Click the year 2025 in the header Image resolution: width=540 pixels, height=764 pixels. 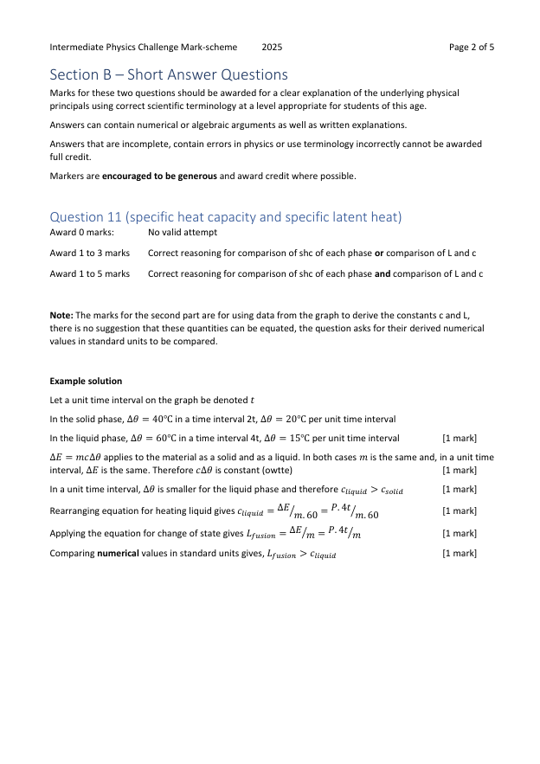(x=272, y=47)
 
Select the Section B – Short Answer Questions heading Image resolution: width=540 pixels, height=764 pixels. (x=169, y=75)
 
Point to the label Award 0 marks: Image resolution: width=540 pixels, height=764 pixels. (x=82, y=233)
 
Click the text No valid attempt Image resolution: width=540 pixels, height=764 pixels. (x=183, y=233)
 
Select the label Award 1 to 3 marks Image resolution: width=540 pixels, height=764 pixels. (x=90, y=254)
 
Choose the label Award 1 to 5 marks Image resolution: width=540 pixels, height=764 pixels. (x=90, y=274)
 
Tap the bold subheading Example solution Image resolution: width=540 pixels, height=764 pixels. (x=86, y=382)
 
